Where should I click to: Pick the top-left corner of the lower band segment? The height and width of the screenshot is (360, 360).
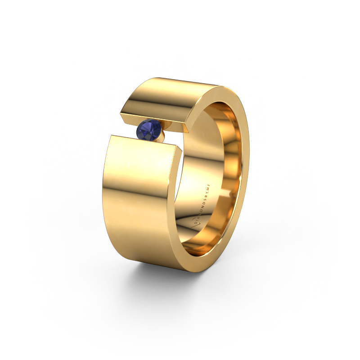point(111,135)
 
